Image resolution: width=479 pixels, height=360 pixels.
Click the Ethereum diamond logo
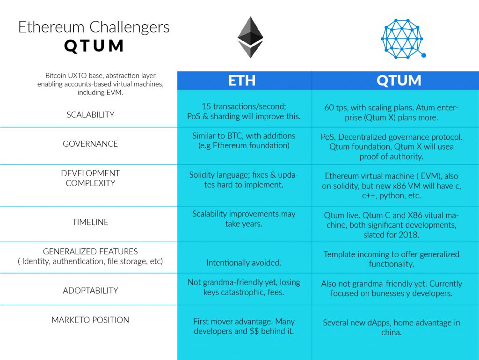pyautogui.click(x=250, y=37)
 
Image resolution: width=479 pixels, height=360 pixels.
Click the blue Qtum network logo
pyautogui.click(x=403, y=39)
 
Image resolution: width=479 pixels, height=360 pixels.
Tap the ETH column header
pyautogui.click(x=242, y=80)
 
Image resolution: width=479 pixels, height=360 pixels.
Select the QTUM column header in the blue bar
pyautogui.click(x=399, y=80)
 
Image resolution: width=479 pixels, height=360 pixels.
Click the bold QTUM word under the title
pyautogui.click(x=94, y=46)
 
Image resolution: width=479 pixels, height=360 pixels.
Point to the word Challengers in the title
pyautogui.click(x=130, y=27)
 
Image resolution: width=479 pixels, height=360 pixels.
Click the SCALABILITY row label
pyautogui.click(x=90, y=115)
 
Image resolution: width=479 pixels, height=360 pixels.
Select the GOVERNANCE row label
pyautogui.click(x=90, y=144)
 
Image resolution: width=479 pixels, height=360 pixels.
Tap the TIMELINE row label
pyautogui.click(x=90, y=222)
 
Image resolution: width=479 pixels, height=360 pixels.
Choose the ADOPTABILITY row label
pyautogui.click(x=90, y=290)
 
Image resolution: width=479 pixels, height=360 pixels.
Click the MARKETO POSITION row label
pyautogui.click(x=90, y=320)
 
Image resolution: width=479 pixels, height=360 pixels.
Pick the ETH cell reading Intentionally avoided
pyautogui.click(x=243, y=263)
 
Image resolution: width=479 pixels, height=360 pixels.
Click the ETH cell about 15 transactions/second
pyautogui.click(x=244, y=111)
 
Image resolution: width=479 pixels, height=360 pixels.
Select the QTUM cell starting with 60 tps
pyautogui.click(x=392, y=112)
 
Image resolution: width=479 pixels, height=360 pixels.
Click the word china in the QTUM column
pyautogui.click(x=391, y=332)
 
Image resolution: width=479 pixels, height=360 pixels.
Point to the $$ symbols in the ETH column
pyautogui.click(x=254, y=331)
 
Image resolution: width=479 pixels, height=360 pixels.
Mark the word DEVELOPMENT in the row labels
pyautogui.click(x=90, y=173)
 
